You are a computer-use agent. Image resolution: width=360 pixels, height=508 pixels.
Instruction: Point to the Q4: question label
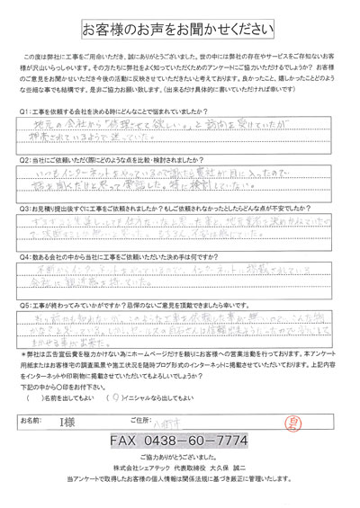[x=25, y=256]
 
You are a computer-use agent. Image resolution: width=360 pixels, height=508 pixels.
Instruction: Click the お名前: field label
[x=32, y=419]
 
